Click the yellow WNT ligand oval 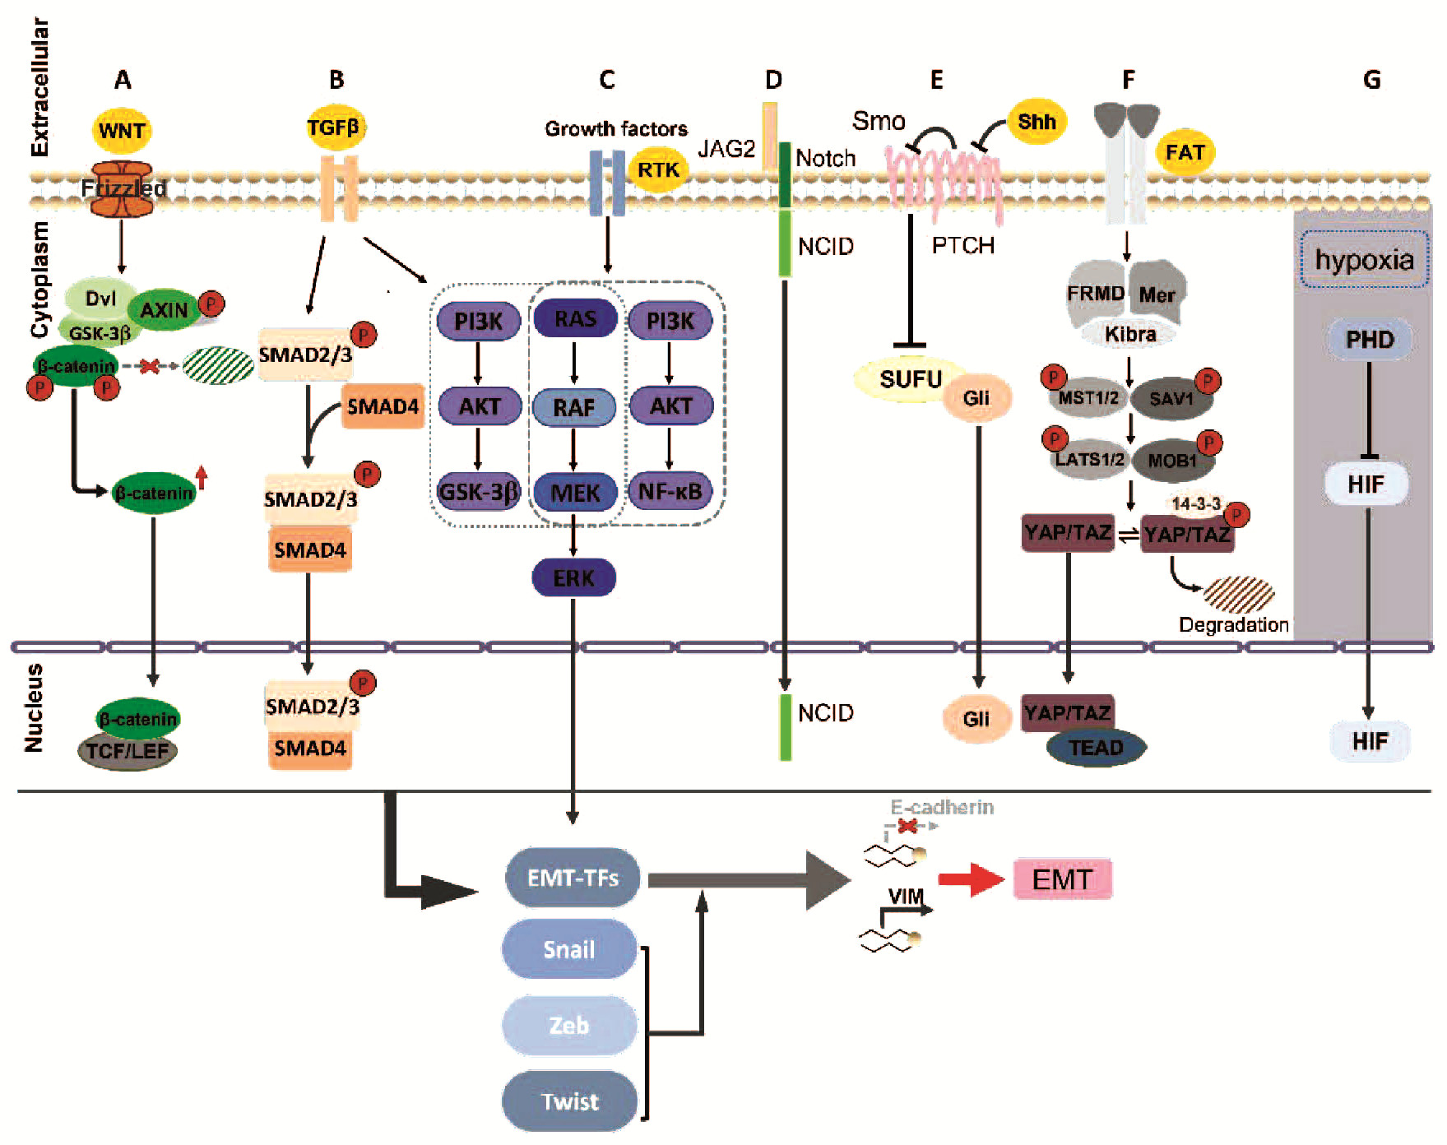click(122, 130)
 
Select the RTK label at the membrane click(658, 169)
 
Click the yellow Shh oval click(1036, 122)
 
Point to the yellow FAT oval click(1185, 152)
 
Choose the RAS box click(575, 319)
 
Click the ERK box click(573, 577)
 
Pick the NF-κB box click(670, 492)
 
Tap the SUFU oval click(910, 379)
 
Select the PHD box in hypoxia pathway click(1370, 339)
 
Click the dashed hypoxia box click(1364, 260)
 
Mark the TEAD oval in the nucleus click(1096, 748)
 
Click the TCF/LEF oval click(128, 751)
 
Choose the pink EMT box click(1062, 879)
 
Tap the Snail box click(569, 949)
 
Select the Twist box click(569, 1101)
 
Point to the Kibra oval click(1130, 334)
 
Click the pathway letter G click(1371, 80)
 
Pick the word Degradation click(1233, 624)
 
